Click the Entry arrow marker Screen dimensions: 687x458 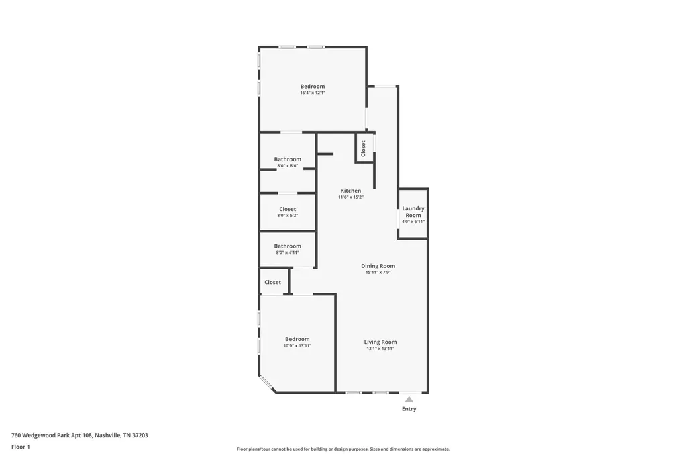[x=409, y=399]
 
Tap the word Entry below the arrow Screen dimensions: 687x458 [x=409, y=409]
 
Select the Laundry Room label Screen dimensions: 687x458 [x=413, y=212]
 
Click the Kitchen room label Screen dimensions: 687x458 [x=351, y=191]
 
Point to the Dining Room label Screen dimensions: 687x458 [x=378, y=266]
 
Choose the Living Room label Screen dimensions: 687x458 [x=380, y=342]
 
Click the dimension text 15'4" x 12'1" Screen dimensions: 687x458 [x=313, y=93]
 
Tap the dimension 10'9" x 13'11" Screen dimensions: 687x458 [x=297, y=346]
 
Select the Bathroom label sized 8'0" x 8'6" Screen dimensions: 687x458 [x=287, y=159]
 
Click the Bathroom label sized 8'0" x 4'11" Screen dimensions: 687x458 [x=287, y=246]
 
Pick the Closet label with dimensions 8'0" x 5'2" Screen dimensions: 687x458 [x=287, y=210]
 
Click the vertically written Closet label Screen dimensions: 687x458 [x=363, y=148]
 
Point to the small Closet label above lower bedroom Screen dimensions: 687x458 [x=272, y=283]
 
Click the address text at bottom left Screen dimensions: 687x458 [x=80, y=436]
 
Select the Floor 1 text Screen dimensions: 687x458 [x=21, y=447]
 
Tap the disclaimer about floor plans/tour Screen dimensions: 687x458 [x=343, y=449]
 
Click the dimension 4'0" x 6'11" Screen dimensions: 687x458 [x=413, y=222]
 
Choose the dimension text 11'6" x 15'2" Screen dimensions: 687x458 [x=351, y=197]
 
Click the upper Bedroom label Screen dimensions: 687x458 [x=313, y=87]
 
